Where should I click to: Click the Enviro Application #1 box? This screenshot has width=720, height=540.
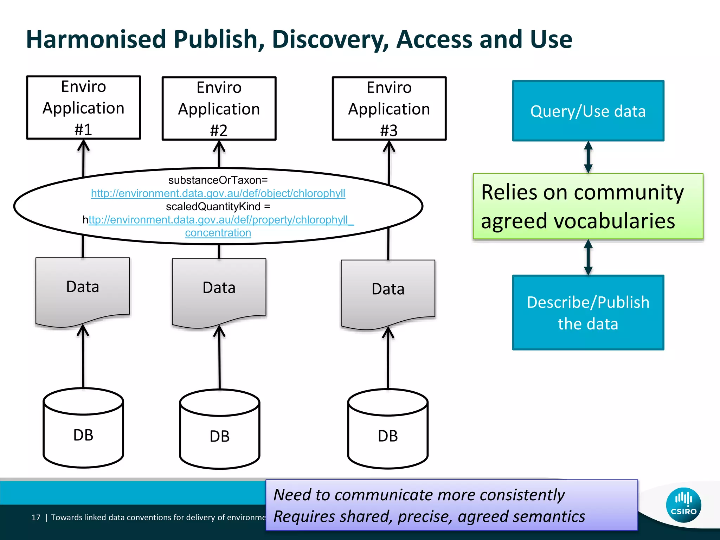(x=84, y=108)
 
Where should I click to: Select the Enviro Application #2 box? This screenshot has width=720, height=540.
(x=219, y=109)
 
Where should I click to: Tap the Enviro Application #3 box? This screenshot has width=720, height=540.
(x=389, y=109)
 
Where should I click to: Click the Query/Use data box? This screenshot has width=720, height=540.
(x=588, y=111)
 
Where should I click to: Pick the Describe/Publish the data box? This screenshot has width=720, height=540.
(x=588, y=313)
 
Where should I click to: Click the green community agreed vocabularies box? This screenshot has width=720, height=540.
(x=588, y=206)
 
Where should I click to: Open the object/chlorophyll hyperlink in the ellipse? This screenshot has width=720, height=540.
(x=218, y=193)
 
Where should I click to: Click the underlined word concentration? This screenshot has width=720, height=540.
(x=218, y=233)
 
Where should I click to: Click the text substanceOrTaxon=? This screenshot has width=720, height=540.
(x=218, y=180)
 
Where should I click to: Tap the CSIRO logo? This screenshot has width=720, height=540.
(x=683, y=505)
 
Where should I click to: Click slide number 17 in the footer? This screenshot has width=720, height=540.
(x=36, y=517)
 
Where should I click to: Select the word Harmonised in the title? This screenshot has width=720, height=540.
(x=96, y=39)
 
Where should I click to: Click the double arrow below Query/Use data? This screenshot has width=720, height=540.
(x=588, y=157)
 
